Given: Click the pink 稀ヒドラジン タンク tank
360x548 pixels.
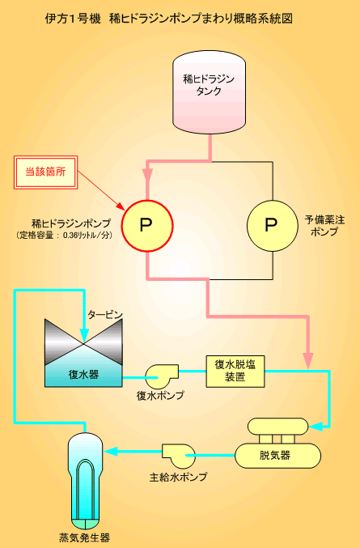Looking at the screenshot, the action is (210, 92).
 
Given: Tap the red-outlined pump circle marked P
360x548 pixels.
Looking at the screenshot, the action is (147, 225).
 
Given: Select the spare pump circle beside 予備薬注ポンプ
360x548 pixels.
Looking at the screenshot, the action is (273, 225).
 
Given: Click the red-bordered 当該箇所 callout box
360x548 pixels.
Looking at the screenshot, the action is (45, 172).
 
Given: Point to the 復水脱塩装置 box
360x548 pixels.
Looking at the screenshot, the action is (235, 372).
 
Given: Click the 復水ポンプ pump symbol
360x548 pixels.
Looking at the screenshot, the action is (161, 376).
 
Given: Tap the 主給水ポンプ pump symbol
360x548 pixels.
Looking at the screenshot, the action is (178, 456).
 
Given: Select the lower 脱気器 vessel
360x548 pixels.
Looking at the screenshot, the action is (277, 456).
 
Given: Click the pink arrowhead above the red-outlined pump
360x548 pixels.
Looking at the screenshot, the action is (148, 174).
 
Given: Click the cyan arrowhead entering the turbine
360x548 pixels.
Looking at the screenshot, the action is (84, 334).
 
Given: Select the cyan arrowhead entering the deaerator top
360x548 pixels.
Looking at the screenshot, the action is (316, 427).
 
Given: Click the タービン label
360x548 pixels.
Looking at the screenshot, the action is (105, 315).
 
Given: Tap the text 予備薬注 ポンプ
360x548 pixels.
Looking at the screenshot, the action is (324, 225).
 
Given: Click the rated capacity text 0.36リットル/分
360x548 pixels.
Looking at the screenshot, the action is (87, 236).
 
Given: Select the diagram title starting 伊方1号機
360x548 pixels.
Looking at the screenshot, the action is (169, 19).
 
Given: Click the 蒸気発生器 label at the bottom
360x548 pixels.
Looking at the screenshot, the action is (85, 537).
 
